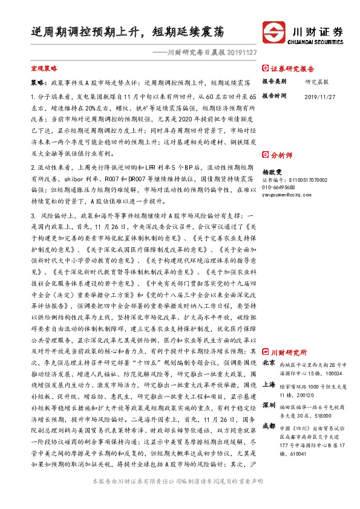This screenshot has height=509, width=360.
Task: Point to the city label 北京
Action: pos(269,363)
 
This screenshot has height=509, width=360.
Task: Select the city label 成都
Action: pos(269,426)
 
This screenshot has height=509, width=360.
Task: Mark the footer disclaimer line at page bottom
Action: pos(179,499)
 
